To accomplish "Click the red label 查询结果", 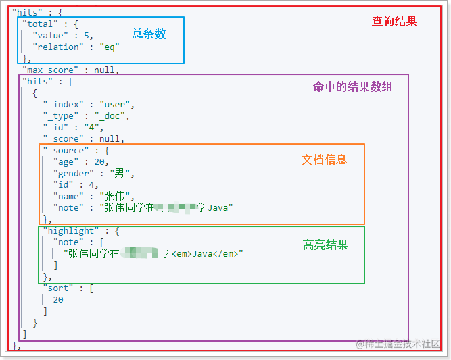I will [x=394, y=22].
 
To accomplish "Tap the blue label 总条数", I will [x=149, y=34].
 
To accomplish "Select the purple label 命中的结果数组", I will [x=352, y=86].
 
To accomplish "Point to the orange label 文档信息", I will [x=324, y=159].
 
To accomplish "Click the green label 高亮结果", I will [x=325, y=245].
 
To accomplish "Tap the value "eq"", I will [x=108, y=47].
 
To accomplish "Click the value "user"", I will [x=117, y=104].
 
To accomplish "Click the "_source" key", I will [x=66, y=151].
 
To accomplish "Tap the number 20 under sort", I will [x=58, y=300].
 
